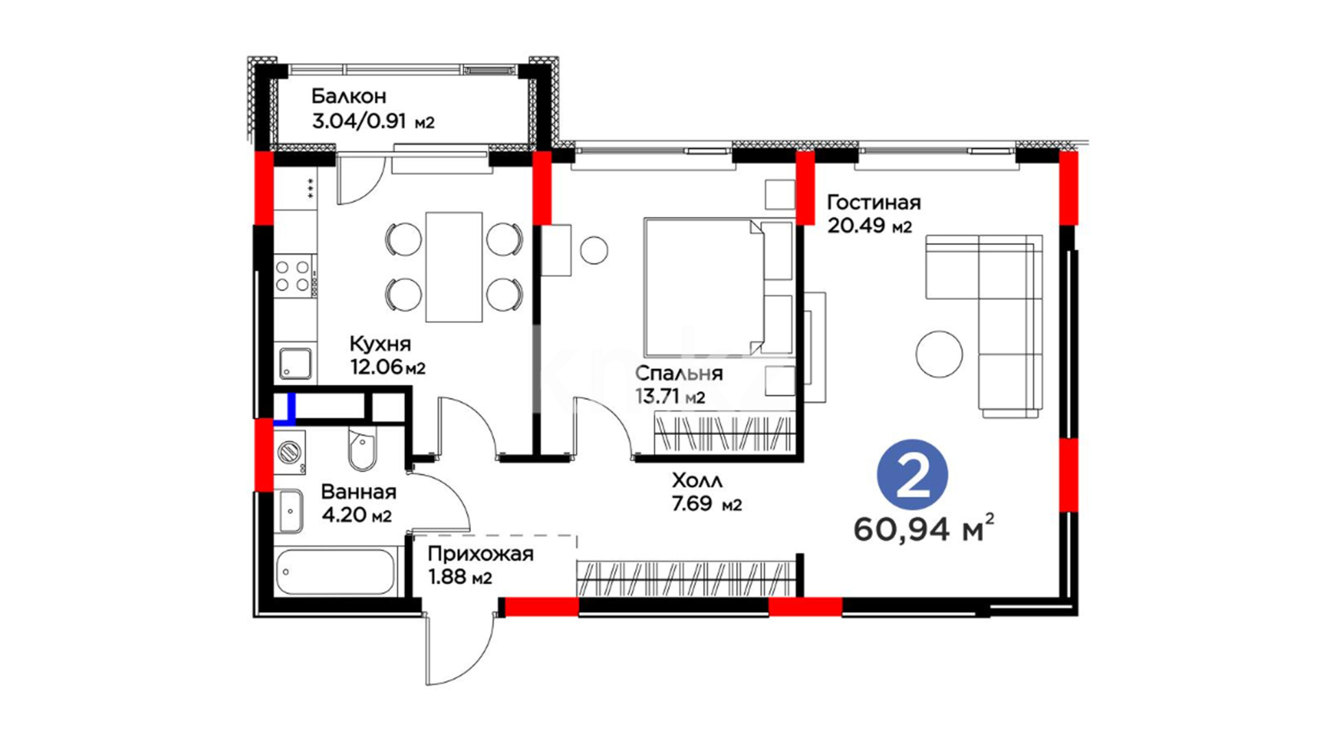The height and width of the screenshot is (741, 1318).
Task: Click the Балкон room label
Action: [349, 96]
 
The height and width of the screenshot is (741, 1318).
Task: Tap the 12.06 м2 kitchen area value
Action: [388, 367]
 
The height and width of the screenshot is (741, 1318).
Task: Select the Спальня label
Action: [679, 373]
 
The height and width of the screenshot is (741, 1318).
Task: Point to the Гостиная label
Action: [874, 202]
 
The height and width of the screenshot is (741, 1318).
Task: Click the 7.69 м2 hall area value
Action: [707, 504]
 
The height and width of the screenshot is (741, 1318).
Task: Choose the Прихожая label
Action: [481, 554]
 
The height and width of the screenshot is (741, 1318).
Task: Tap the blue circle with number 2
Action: [912, 475]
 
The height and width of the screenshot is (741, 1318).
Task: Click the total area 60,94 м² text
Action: [924, 528]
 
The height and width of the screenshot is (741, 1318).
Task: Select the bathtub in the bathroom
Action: [334, 572]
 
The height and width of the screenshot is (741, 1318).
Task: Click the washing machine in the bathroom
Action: [290, 452]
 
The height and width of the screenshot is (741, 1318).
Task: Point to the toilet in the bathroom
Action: [362, 450]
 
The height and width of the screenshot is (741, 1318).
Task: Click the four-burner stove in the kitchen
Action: [293, 275]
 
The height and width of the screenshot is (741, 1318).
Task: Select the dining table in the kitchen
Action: [454, 267]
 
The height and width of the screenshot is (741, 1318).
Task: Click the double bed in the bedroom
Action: [719, 287]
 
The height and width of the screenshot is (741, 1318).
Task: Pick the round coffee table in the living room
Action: [939, 354]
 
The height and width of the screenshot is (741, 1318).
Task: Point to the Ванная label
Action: [358, 492]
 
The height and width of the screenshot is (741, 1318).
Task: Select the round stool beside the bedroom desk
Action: [594, 250]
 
